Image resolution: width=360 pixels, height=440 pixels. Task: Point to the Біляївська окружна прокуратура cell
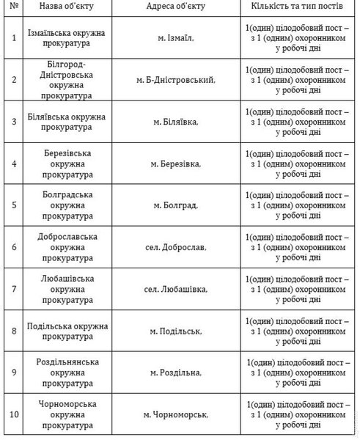(x=67, y=122)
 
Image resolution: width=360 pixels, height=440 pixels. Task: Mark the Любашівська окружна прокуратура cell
(x=67, y=290)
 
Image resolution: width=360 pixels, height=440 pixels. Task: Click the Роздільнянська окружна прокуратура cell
(x=67, y=373)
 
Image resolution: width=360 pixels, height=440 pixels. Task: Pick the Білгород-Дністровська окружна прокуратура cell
(x=67, y=80)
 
